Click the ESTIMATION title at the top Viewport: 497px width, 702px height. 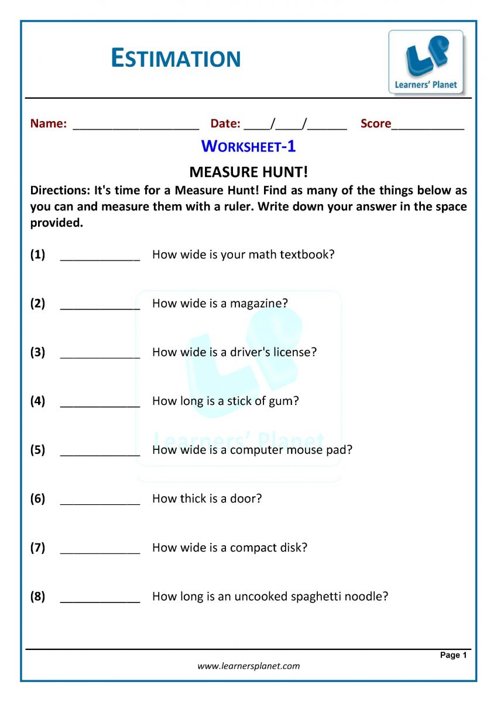click(x=176, y=58)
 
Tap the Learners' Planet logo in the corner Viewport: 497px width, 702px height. click(x=426, y=62)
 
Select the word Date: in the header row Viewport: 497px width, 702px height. click(x=225, y=123)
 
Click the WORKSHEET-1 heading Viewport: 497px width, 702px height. click(x=248, y=146)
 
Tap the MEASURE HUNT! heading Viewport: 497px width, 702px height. click(x=248, y=172)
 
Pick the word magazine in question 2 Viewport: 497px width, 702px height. click(x=259, y=304)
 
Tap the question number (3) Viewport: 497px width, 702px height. click(x=37, y=352)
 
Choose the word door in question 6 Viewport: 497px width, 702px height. click(x=247, y=499)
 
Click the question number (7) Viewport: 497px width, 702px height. click(x=37, y=548)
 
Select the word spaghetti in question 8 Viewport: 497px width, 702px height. click(x=314, y=597)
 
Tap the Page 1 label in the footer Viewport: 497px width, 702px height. click(x=453, y=655)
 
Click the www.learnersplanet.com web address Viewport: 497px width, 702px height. click(x=248, y=666)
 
